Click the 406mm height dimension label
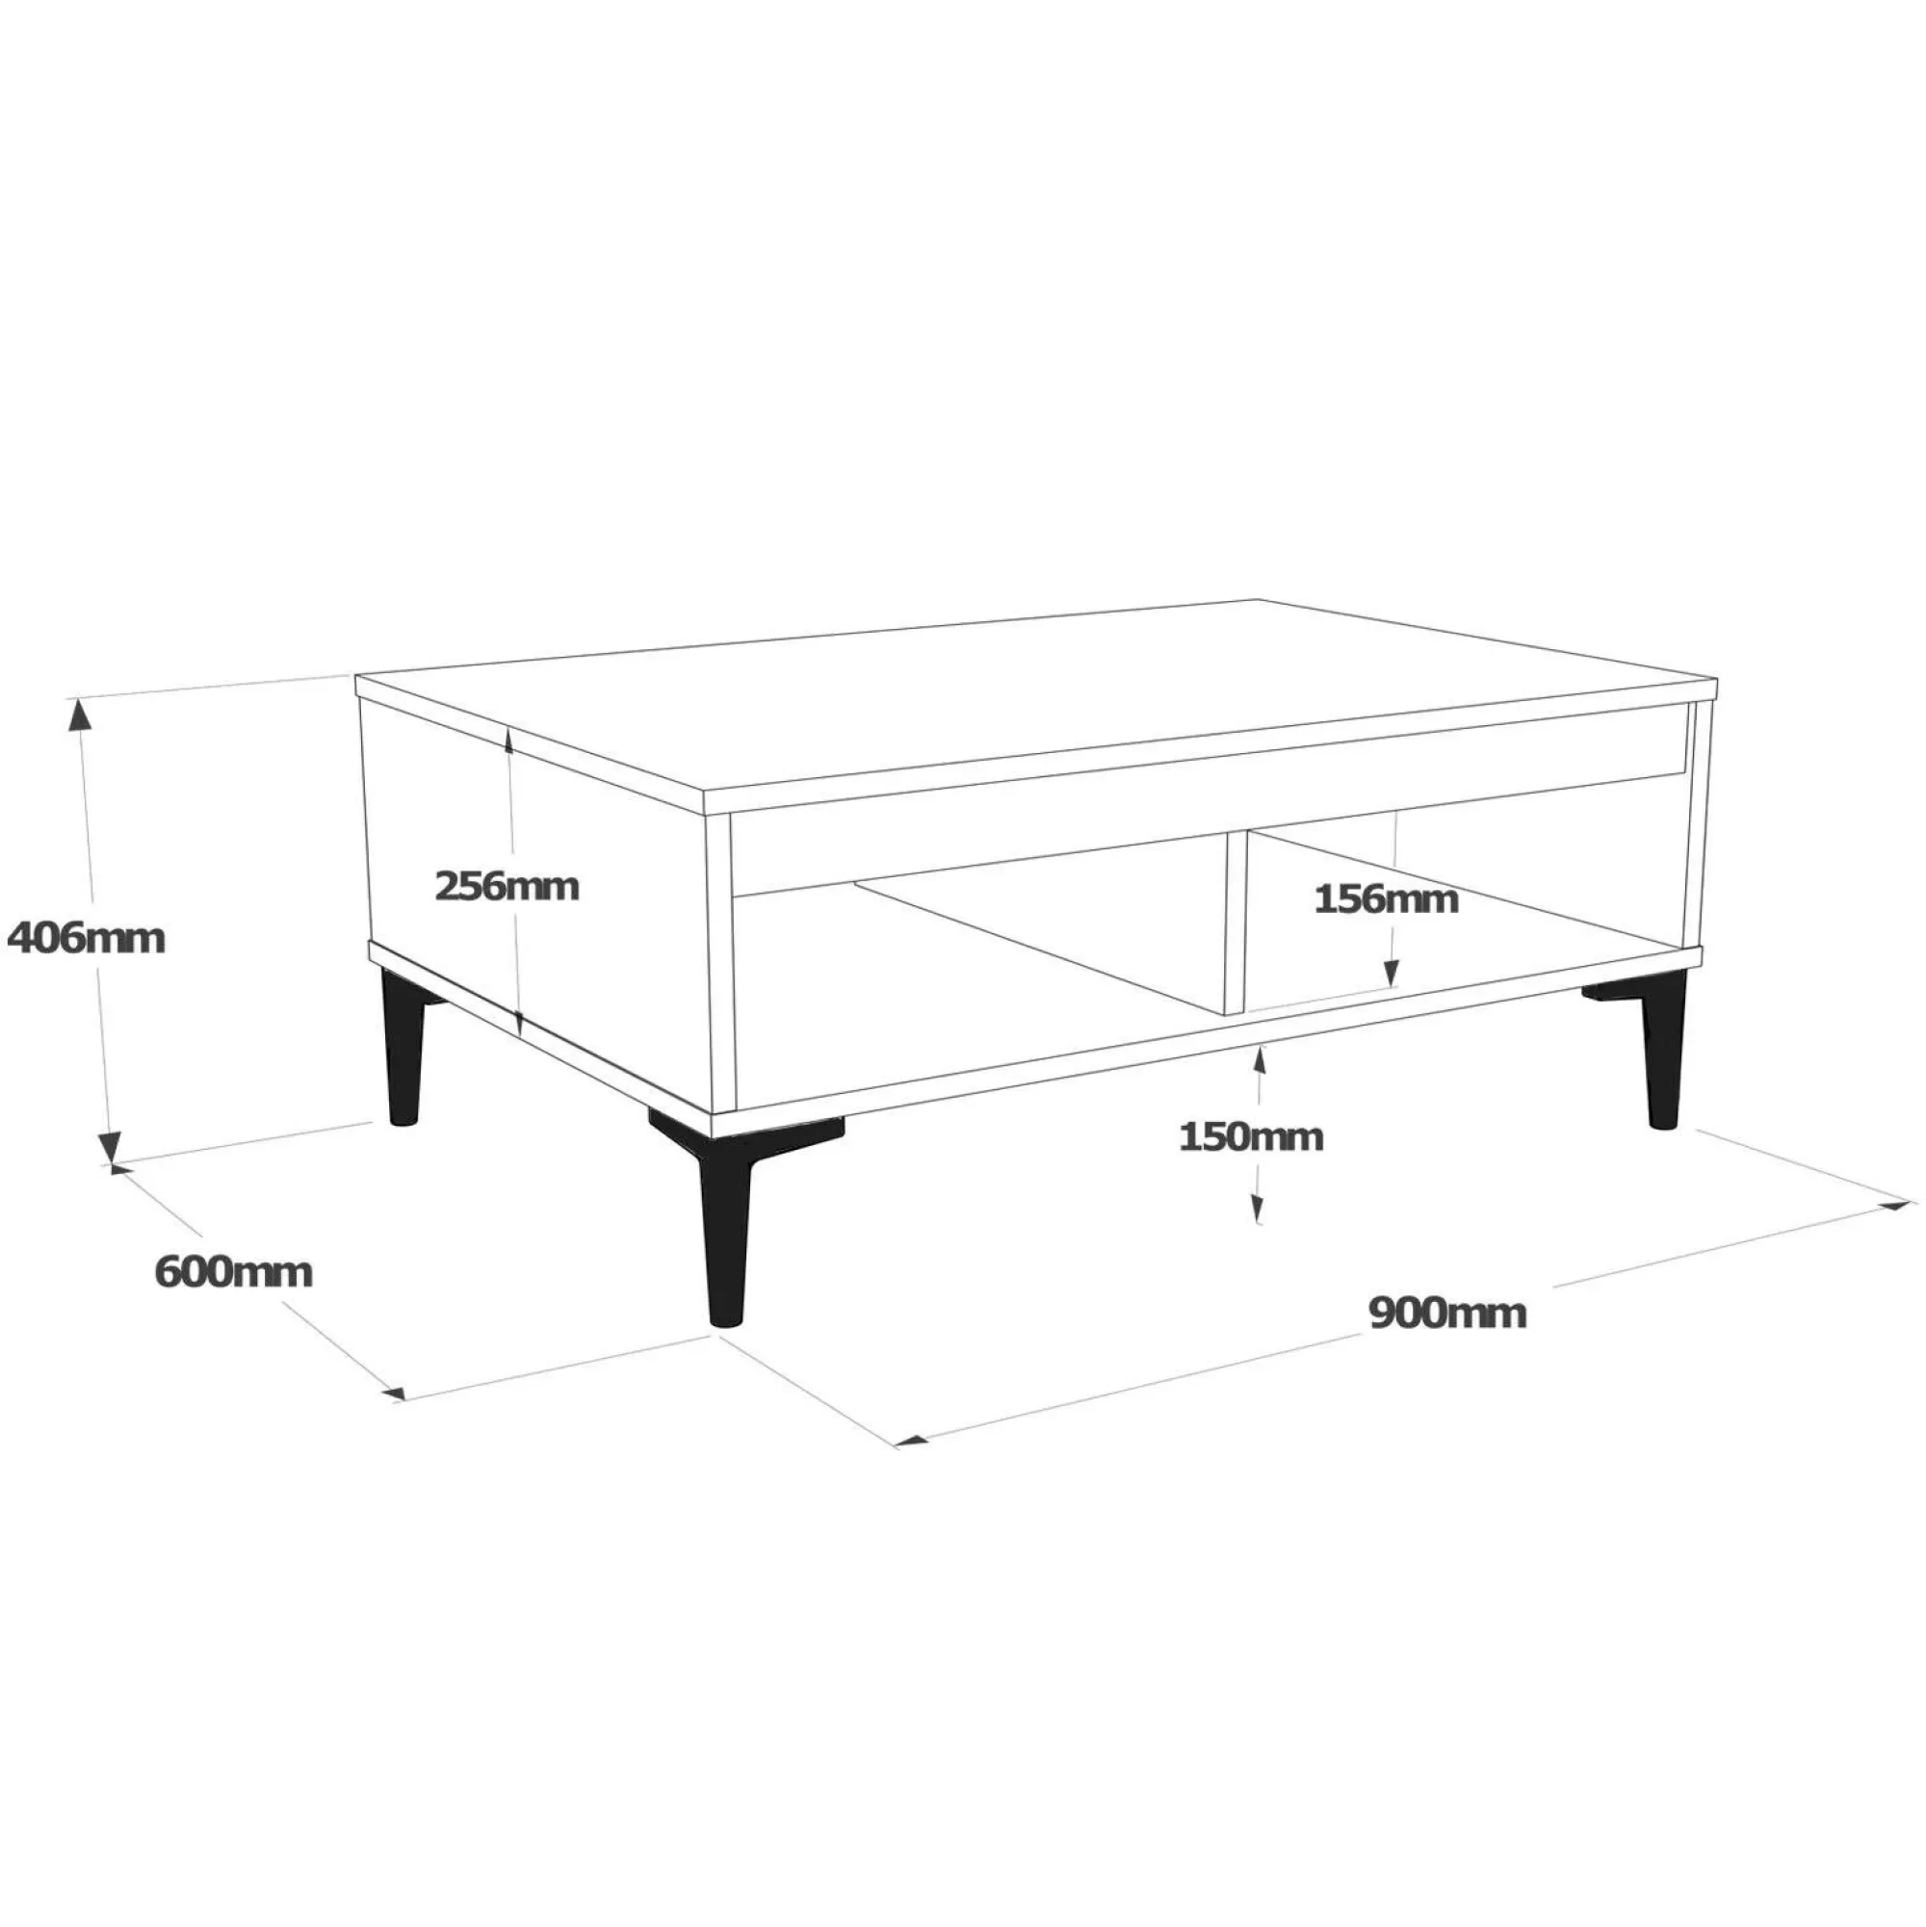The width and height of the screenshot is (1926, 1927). click(86, 939)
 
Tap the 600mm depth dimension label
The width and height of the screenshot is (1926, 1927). click(233, 1272)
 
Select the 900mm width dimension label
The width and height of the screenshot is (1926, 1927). click(1447, 1313)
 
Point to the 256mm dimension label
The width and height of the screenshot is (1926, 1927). click(507, 886)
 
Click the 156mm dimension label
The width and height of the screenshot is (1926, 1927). click(1386, 898)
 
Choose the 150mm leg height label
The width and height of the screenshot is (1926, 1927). click(1251, 1136)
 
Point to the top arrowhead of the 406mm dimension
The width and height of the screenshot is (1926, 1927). click(79, 714)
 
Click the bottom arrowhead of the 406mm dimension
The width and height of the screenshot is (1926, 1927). click(109, 1147)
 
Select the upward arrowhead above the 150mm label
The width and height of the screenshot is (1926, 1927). click(1260, 1060)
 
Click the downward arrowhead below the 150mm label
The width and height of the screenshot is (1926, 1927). click(1259, 1210)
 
